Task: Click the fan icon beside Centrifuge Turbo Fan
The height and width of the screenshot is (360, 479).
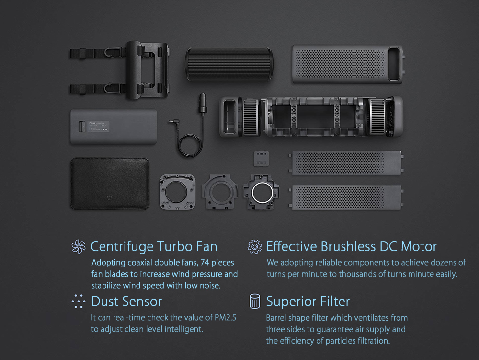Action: coord(79,246)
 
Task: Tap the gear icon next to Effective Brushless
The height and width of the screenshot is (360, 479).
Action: coord(254,246)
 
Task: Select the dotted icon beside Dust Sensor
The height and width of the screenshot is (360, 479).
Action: coord(79,302)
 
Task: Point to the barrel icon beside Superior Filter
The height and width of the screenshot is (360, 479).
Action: coord(255,302)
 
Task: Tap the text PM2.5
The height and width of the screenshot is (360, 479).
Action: coord(225,317)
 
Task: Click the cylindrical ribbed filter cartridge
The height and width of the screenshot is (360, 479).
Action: coord(229,64)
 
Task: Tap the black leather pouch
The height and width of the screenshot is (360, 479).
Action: coord(110,184)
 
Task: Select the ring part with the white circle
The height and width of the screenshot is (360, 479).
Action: coord(261,192)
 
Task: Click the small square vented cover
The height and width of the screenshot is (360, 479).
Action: coord(261,159)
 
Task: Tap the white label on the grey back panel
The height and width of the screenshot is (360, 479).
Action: coord(99,127)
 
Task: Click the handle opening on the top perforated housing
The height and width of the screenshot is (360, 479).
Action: coord(394,64)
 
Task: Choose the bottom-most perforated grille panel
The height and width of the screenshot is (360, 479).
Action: coord(346,197)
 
